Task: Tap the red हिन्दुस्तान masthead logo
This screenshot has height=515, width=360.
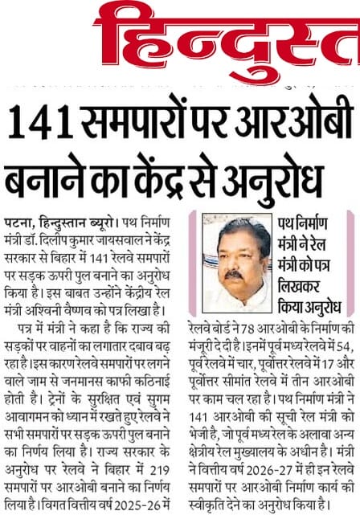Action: click(x=225, y=36)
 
